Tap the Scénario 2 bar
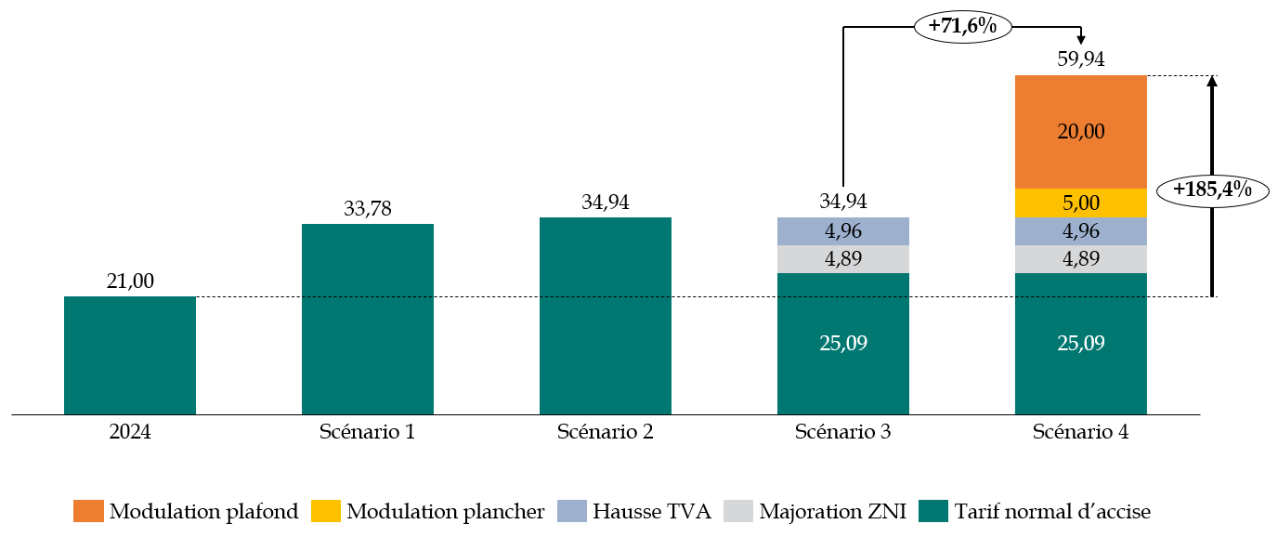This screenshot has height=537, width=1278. click(606, 316)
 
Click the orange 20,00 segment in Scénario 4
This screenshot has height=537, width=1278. click(1081, 132)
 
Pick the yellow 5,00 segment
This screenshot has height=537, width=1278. click(1081, 203)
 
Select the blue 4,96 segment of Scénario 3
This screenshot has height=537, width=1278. click(843, 231)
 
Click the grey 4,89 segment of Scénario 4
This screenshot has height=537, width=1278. click(1081, 259)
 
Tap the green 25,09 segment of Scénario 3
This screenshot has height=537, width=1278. click(843, 343)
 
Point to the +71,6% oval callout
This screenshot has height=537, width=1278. click(962, 27)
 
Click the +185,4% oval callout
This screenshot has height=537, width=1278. click(1212, 190)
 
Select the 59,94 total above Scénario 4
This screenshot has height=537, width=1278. click(1081, 59)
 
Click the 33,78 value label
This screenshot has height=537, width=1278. click(368, 209)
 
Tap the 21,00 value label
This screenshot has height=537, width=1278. click(130, 282)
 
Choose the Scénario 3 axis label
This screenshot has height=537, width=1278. click(843, 432)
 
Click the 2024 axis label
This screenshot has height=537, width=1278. click(130, 432)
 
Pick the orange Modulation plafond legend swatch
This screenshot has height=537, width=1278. click(89, 511)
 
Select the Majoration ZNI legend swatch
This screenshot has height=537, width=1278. click(737, 511)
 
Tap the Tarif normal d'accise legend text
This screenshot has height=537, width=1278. click(1052, 511)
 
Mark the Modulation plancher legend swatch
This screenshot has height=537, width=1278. click(326, 511)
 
